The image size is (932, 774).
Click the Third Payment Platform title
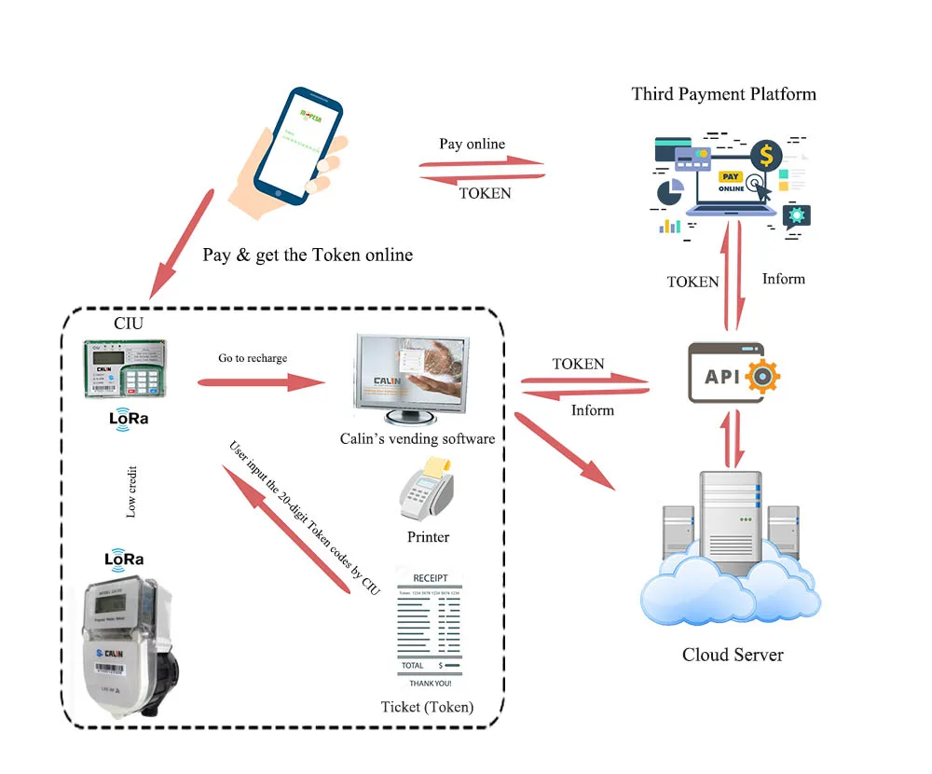pos(723,94)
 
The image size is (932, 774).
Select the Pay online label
pos(472,144)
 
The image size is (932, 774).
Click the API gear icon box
pos(733,373)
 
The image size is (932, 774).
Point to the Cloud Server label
pos(733,655)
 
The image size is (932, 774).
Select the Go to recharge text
pos(253,358)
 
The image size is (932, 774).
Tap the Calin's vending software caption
pos(418,438)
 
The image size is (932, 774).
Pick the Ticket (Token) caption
pos(427,707)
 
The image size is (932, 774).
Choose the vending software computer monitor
pos(410,373)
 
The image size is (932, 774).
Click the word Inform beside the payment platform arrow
pos(783,279)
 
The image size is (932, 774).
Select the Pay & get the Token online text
pos(308,255)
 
